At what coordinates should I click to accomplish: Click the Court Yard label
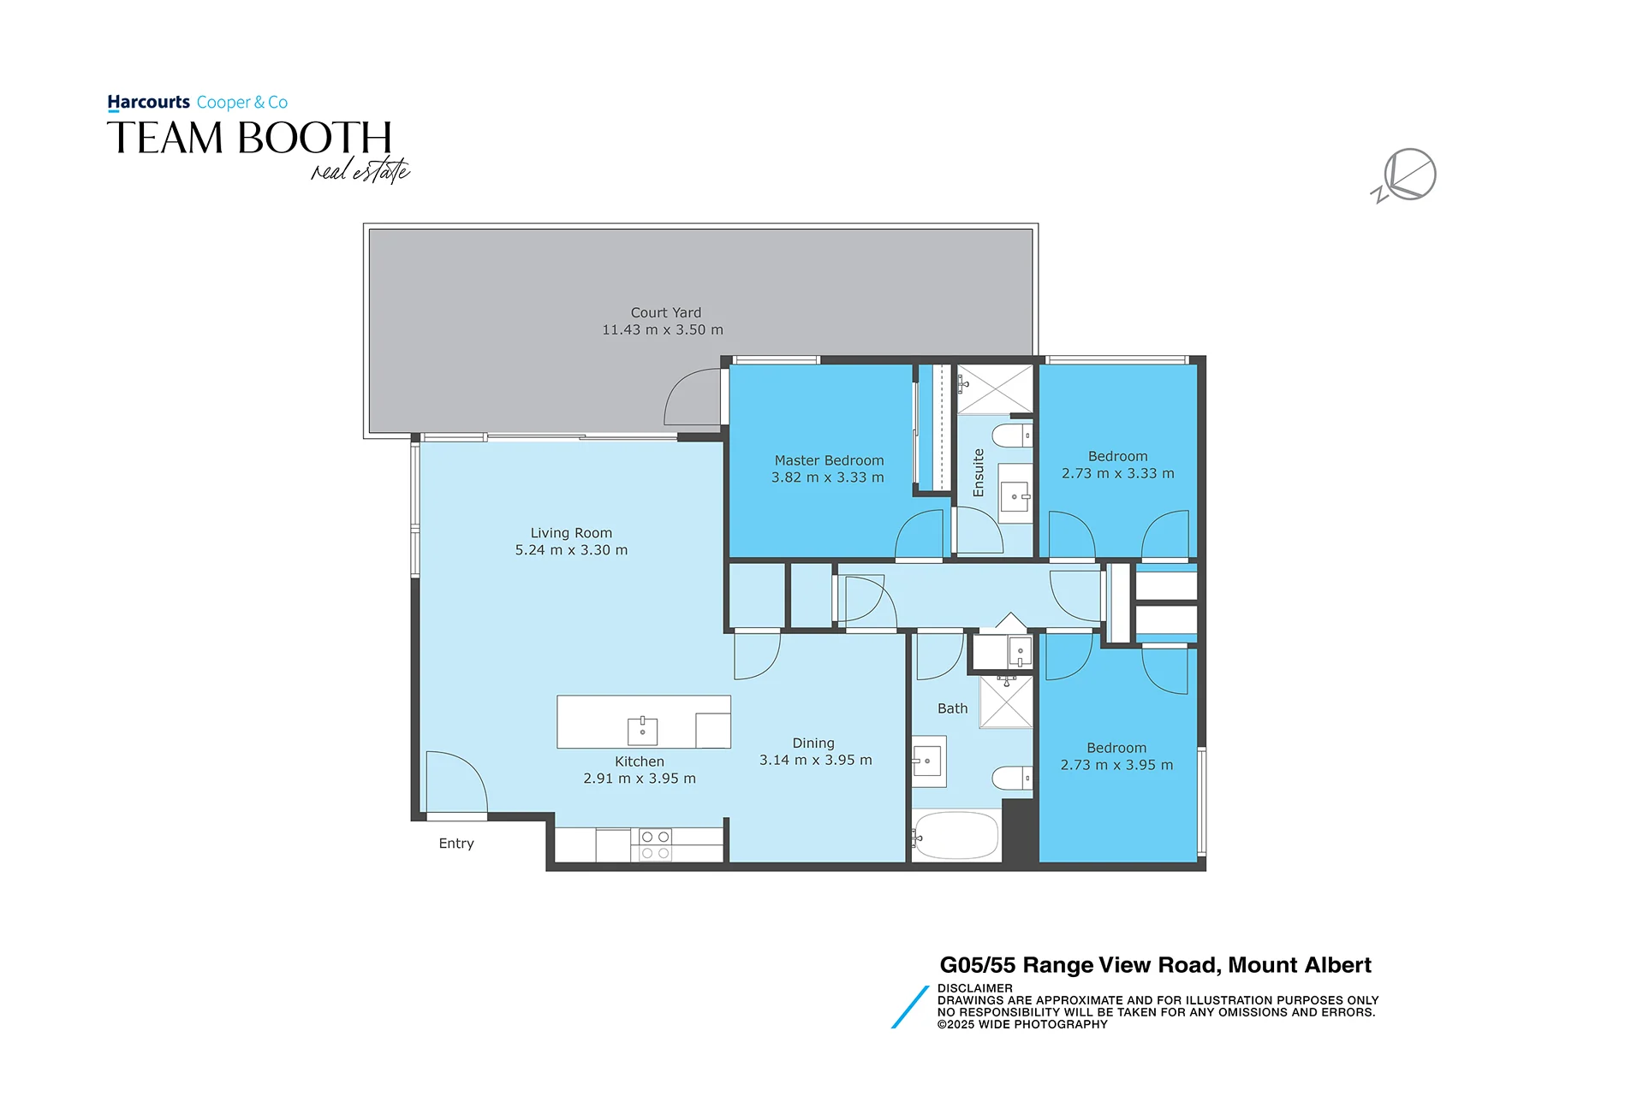[x=665, y=313]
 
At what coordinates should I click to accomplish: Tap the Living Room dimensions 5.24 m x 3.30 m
[x=571, y=550]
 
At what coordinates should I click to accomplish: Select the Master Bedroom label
[x=829, y=460]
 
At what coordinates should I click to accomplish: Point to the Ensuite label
[x=979, y=473]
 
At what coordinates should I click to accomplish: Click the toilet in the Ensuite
[x=1012, y=435]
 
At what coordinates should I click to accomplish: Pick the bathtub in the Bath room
[x=955, y=835]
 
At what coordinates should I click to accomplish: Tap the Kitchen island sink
[x=642, y=732]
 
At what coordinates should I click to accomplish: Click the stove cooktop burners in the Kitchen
[x=656, y=844]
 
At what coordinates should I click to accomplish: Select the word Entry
[x=456, y=844]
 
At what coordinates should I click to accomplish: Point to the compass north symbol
[x=1406, y=175]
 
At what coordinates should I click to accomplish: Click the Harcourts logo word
[x=149, y=103]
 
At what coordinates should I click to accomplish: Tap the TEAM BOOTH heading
[x=249, y=138]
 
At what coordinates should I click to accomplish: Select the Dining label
[x=813, y=744]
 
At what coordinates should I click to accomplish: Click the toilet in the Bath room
[x=1012, y=778]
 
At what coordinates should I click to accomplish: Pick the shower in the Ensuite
[x=995, y=388]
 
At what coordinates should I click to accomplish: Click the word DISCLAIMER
[x=974, y=988]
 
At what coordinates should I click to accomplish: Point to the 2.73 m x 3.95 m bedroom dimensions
[x=1116, y=765]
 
